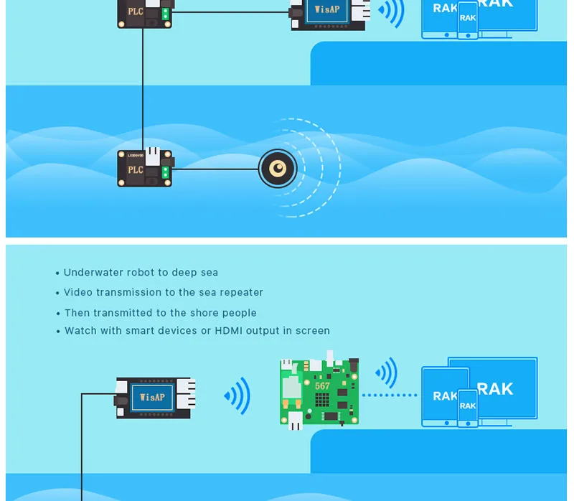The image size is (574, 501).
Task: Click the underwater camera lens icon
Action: pyautogui.click(x=278, y=169)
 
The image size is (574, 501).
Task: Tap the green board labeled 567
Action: pyautogui.click(x=319, y=390)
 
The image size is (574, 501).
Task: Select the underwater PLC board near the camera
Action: pyautogui.click(x=146, y=167)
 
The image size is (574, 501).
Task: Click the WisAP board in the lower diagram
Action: pyautogui.click(x=156, y=398)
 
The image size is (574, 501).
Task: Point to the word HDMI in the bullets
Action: pyautogui.click(x=228, y=330)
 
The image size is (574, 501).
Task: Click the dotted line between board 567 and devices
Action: pyautogui.click(x=390, y=395)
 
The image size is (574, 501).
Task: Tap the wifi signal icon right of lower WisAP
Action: pyautogui.click(x=237, y=396)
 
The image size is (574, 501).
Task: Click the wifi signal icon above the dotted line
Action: pyautogui.click(x=387, y=373)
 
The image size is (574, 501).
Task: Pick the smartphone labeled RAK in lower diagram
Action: pyautogui.click(x=468, y=408)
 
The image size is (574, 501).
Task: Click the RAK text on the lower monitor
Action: pyautogui.click(x=495, y=389)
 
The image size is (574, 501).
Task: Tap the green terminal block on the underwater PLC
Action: pyautogui.click(x=166, y=172)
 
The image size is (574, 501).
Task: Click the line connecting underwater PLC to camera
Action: pyautogui.click(x=215, y=169)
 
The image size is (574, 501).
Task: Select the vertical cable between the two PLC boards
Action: pyautogui.click(x=143, y=89)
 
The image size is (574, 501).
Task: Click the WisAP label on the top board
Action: pyautogui.click(x=327, y=9)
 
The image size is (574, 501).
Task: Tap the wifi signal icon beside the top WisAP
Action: pyautogui.click(x=391, y=11)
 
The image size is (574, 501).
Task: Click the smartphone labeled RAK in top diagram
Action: pyautogui.click(x=468, y=20)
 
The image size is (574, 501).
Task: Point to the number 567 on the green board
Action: pyautogui.click(x=322, y=386)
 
